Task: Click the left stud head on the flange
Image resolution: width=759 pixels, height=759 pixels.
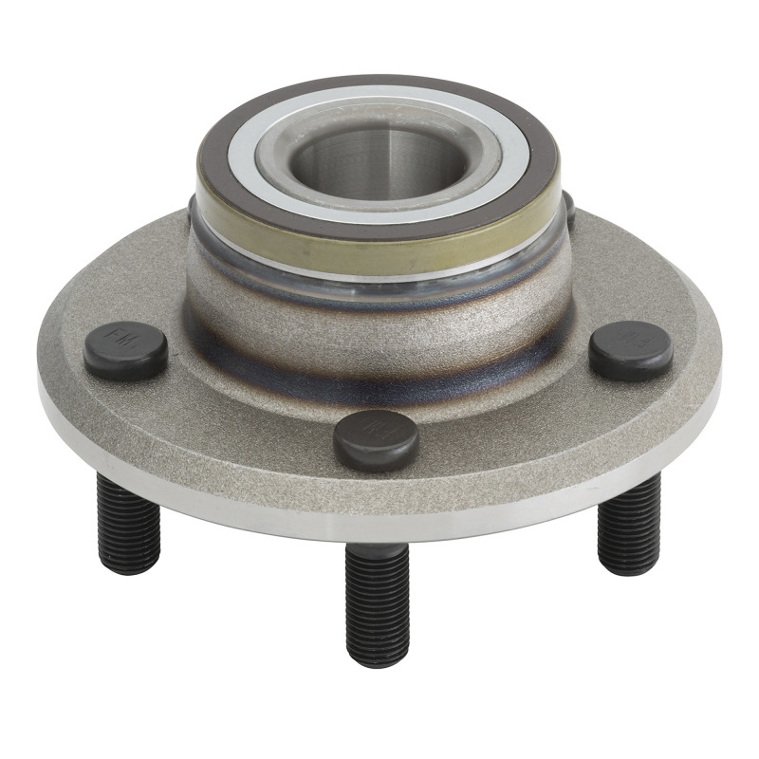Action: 125,351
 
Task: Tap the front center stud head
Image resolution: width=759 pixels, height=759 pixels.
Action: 376,438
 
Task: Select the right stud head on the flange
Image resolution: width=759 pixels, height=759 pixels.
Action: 631,349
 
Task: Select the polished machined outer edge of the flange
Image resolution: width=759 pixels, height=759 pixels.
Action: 379,518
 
